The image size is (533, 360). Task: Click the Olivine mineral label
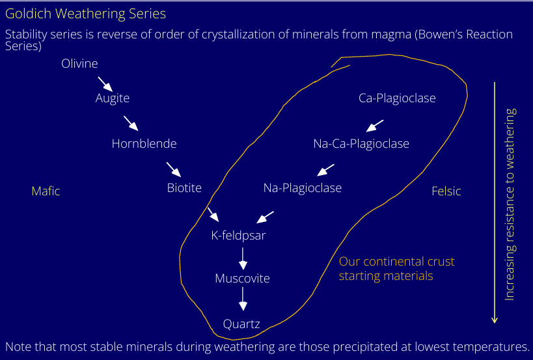[79, 64]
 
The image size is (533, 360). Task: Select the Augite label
[113, 98]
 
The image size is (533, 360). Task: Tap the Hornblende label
[144, 144]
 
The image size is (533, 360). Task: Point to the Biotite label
[184, 188]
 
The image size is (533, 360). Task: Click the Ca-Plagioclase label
[397, 98]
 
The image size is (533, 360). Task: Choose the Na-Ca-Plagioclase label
[361, 144]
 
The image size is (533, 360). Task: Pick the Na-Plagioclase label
[303, 188]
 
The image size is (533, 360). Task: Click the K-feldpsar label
[238, 236]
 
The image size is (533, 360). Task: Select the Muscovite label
[242, 279]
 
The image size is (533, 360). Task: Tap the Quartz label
[241, 324]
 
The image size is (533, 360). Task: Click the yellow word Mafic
[46, 191]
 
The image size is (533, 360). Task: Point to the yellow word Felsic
[446, 191]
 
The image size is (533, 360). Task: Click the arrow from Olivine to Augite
[105, 83]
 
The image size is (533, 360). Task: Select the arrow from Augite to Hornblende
[131, 124]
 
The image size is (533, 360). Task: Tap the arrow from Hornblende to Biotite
[173, 169]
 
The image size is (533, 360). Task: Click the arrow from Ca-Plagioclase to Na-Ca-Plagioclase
[374, 126]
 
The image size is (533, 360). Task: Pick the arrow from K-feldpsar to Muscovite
[243, 258]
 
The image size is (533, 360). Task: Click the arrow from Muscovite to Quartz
[243, 299]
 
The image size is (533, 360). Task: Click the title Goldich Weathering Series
[85, 14]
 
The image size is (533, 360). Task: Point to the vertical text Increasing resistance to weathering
[510, 204]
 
